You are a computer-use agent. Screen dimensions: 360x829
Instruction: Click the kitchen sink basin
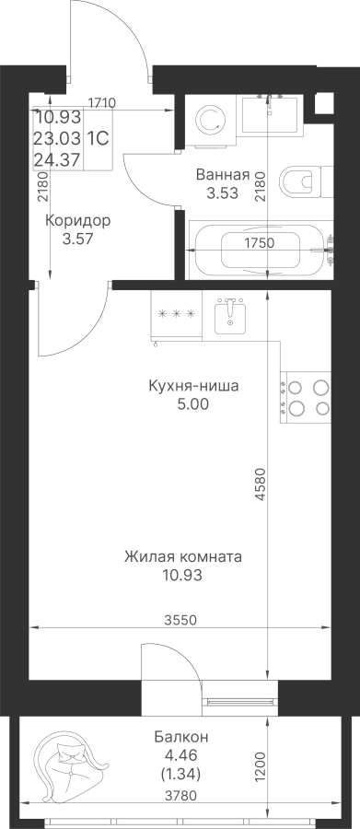point(230,316)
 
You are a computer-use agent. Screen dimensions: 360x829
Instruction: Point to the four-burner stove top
point(305,398)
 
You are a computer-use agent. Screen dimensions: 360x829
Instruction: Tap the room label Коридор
point(77,221)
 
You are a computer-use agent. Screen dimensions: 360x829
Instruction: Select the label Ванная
point(222,174)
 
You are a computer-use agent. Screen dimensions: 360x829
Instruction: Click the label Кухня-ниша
point(193,386)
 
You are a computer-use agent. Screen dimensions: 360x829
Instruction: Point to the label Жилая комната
point(183,556)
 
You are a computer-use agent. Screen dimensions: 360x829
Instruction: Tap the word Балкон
point(181,737)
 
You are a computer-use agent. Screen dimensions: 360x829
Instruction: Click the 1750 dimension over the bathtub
point(259,243)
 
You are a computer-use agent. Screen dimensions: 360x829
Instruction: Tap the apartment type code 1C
point(98,139)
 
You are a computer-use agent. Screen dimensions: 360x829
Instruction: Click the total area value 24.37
point(58,158)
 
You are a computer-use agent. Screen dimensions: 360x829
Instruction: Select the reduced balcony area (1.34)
point(180,775)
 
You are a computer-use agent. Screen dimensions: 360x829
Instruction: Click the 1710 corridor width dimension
point(102,102)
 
